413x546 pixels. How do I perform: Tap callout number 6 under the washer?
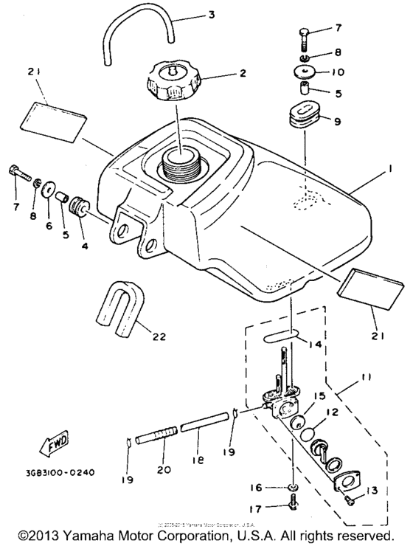pos(49,226)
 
